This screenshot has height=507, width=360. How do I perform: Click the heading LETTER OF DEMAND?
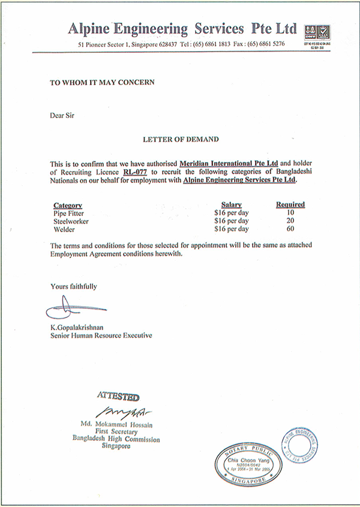pos(180,139)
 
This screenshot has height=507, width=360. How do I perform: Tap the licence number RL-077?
pos(135,171)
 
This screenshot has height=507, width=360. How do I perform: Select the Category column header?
pos(67,205)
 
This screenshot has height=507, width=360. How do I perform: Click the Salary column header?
pos(231,205)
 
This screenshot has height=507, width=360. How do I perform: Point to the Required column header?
pos(290,205)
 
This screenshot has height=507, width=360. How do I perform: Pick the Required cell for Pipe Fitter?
pos(291,213)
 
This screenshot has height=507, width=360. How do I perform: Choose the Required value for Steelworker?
pos(291,221)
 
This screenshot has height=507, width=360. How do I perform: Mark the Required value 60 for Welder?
pos(291,229)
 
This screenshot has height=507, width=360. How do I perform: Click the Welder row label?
pos(64,229)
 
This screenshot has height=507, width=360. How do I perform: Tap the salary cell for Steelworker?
pos(231,221)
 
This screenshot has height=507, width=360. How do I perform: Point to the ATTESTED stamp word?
pos(118,397)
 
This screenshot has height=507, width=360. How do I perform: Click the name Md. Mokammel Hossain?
pos(116,424)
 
